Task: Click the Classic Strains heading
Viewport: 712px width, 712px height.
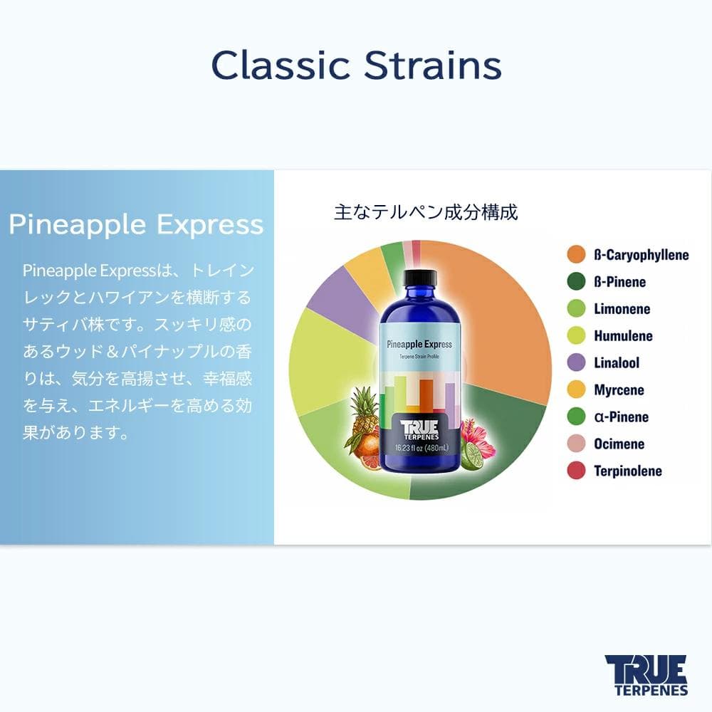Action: point(356,66)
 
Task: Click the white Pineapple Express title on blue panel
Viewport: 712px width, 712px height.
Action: point(136,225)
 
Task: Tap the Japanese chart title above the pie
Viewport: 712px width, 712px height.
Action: point(426,211)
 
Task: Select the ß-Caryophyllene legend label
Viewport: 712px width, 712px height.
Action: point(641,255)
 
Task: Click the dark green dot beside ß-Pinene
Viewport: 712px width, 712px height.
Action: point(576,282)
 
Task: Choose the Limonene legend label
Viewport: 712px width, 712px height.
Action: point(622,309)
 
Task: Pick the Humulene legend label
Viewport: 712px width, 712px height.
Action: point(623,336)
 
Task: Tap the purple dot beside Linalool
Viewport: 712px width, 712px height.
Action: point(576,363)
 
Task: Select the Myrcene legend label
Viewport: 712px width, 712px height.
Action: point(619,390)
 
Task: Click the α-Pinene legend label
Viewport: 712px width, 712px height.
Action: point(621,417)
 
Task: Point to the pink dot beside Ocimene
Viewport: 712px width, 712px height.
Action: point(576,444)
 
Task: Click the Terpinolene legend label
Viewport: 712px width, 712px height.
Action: point(627,471)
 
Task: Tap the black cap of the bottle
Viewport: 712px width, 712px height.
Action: point(419,275)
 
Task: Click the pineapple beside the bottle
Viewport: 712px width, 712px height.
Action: point(365,413)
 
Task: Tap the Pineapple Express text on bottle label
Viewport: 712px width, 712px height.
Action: point(419,344)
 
